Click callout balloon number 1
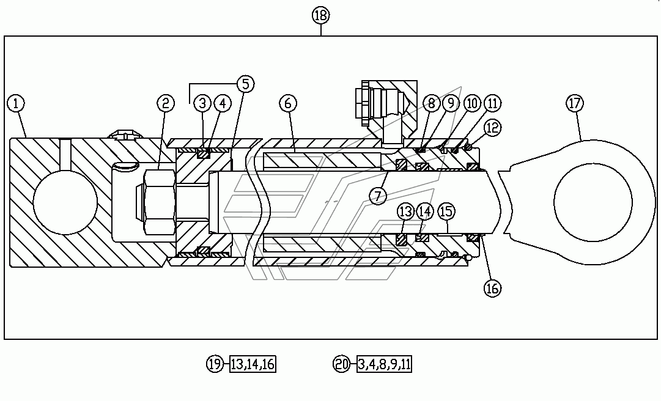pos(16,103)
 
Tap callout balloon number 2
pos(166,103)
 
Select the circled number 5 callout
pos(245,84)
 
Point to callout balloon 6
pos(288,103)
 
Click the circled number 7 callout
pos(378,196)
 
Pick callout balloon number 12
pos(492,128)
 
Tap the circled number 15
pos(447,211)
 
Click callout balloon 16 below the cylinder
pos(492,289)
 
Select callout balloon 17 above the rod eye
pos(575,103)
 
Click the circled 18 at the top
pos(321,15)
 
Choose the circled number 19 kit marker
pos(215,364)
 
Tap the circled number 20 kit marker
pos(341,364)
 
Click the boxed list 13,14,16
pos(253,364)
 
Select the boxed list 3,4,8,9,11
pos(384,364)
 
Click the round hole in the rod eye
pos(593,202)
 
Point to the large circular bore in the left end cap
pos(65,202)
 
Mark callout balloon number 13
pos(406,211)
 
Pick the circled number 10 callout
pos(472,103)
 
